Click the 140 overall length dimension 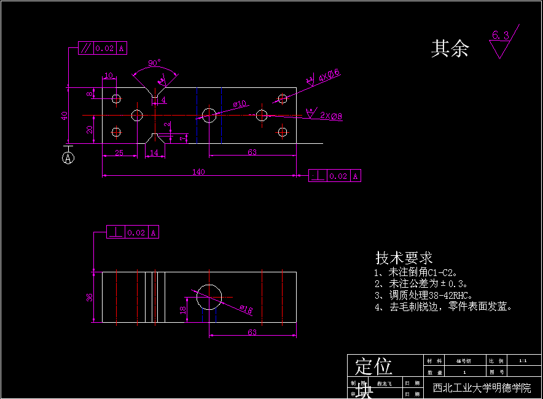click(x=198, y=172)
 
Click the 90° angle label click(x=154, y=63)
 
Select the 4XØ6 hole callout click(x=329, y=76)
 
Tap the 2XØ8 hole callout click(x=331, y=116)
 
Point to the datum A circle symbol click(x=68, y=158)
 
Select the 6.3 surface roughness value click(x=501, y=36)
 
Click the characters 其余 click(x=450, y=49)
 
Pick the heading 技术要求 click(x=404, y=258)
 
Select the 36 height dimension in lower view click(x=90, y=297)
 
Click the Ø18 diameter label click(x=246, y=309)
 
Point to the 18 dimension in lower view click(x=182, y=310)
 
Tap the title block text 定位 click(x=373, y=367)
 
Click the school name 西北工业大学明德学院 click(x=482, y=389)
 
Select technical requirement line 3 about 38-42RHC click(x=424, y=294)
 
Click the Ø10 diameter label click(x=240, y=103)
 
